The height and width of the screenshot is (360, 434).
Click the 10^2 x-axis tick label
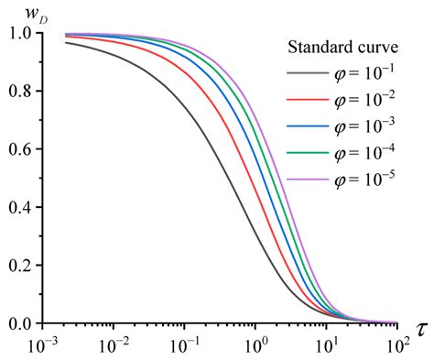(x=396, y=346)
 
